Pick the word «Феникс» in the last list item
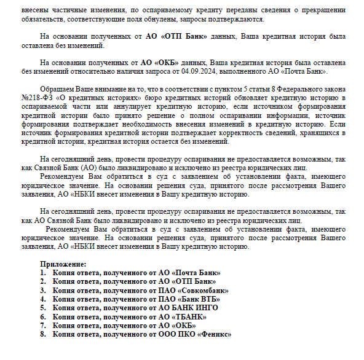point(215,334)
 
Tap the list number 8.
point(43,334)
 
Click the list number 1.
point(43,272)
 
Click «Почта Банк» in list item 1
point(197,272)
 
